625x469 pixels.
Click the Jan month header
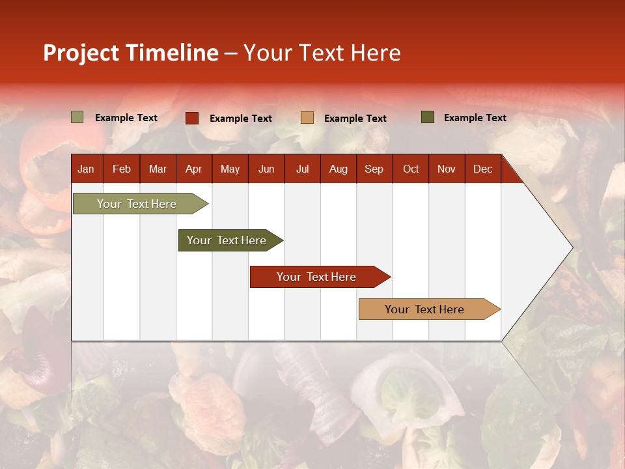(86, 169)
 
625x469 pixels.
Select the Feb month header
(122, 169)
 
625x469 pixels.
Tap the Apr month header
(193, 169)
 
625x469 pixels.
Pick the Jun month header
(266, 169)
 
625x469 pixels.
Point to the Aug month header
(338, 169)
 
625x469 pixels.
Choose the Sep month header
(374, 169)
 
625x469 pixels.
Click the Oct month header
(411, 169)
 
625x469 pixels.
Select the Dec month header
(482, 169)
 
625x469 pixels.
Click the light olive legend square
(77, 117)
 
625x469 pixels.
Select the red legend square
(192, 118)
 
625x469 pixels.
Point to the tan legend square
(307, 117)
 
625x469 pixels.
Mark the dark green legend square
(428, 117)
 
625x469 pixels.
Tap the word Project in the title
(81, 53)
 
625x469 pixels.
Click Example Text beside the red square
(241, 119)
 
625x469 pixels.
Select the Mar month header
(158, 169)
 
